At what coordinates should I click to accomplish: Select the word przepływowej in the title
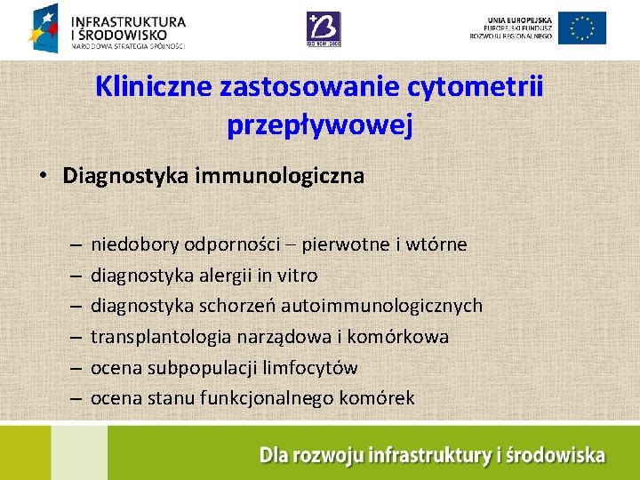tap(320, 125)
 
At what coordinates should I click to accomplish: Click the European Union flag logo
tap(582, 28)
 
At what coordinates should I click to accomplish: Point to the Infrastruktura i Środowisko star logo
tap(46, 28)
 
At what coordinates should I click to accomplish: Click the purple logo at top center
tap(324, 28)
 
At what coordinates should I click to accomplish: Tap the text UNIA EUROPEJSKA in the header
tap(520, 20)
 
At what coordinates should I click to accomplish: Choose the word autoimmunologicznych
tap(381, 306)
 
